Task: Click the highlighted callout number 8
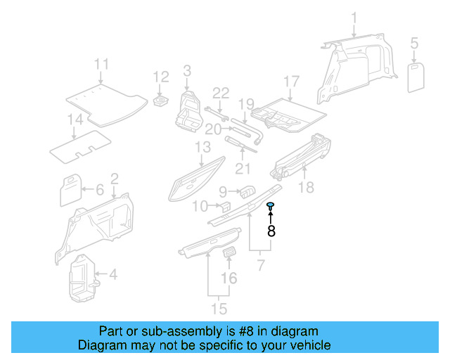[x=271, y=229]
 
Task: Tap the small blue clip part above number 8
[x=271, y=205]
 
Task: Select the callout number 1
[x=354, y=17]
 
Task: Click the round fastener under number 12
[x=161, y=102]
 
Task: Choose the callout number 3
[x=187, y=70]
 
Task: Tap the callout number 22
[x=221, y=93]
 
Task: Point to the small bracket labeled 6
[x=71, y=190]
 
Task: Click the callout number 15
[x=219, y=308]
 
